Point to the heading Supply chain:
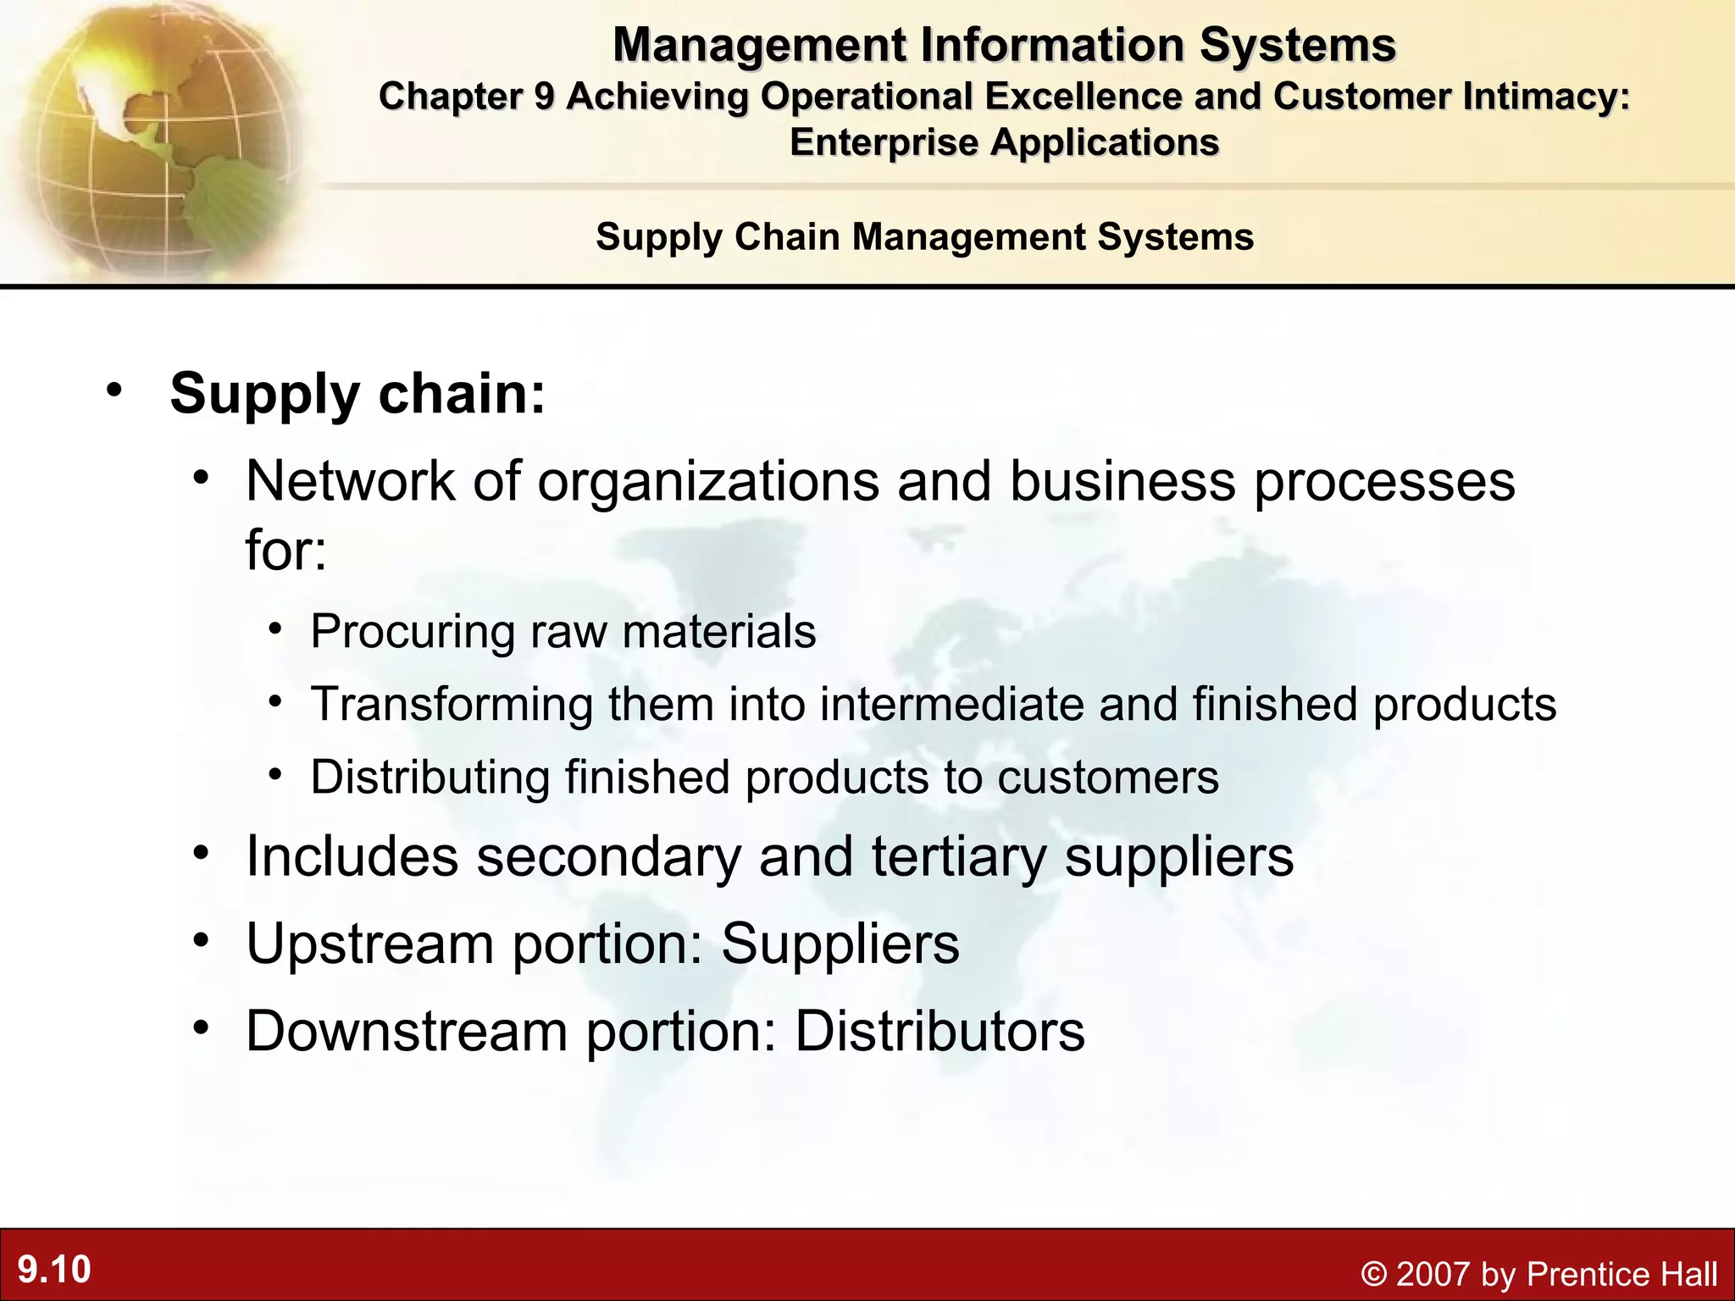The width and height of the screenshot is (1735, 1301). point(358,394)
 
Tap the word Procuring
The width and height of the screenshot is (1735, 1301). point(413,632)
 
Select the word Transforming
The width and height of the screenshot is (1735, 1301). point(452,704)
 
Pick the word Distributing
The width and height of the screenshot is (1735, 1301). point(430,777)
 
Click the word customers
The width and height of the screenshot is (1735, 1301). point(1108,777)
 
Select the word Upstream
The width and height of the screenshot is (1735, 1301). point(370,944)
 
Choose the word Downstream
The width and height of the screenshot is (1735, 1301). point(407,1031)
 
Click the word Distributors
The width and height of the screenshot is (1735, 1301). point(940,1031)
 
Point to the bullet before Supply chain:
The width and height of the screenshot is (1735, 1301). point(114,390)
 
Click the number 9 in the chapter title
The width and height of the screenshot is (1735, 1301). point(544,97)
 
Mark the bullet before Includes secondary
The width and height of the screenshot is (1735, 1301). point(200,853)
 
